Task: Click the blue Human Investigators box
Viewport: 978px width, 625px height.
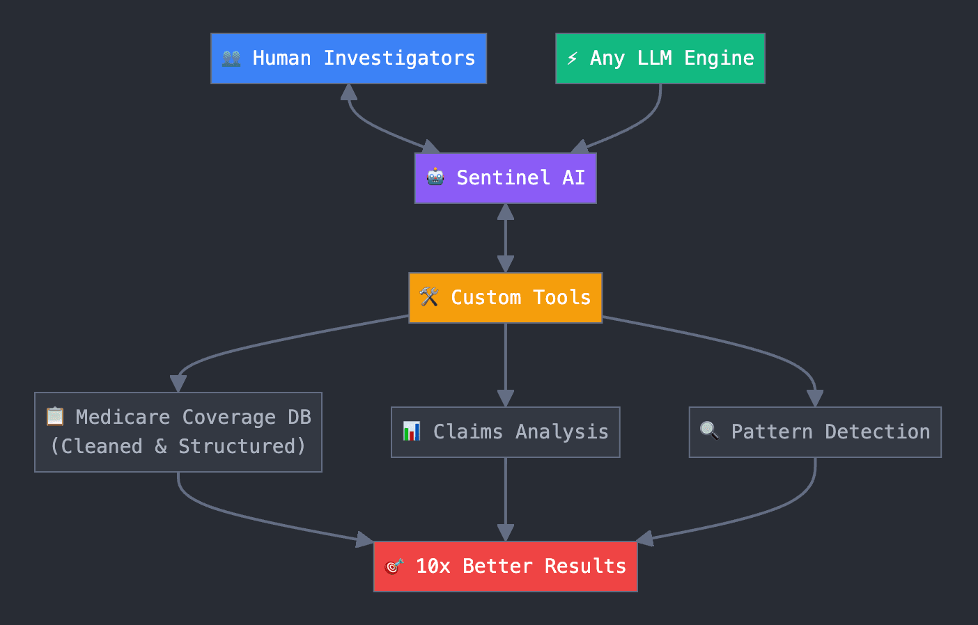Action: pos(348,58)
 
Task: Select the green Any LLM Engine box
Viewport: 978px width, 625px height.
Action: pos(660,58)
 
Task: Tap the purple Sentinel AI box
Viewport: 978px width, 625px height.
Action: pos(506,178)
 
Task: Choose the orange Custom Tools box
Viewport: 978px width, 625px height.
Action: pos(506,298)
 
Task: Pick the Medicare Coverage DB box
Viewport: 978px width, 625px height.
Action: pos(178,432)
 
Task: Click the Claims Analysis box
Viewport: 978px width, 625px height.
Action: pos(506,432)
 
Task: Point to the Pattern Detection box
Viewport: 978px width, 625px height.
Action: pos(815,432)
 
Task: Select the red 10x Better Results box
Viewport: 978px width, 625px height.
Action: pos(506,567)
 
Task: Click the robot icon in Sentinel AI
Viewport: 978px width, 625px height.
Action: pos(435,177)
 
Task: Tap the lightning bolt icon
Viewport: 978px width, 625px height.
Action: pos(572,58)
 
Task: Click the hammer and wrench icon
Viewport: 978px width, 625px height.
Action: pos(429,296)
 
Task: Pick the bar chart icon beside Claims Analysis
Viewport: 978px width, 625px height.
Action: pos(411,431)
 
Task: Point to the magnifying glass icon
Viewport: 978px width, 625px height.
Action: pos(710,431)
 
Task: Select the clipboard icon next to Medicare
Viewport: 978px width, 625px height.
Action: pos(55,416)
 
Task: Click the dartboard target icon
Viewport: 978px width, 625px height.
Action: pos(394,566)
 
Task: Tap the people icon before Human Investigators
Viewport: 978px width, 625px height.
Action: pos(231,58)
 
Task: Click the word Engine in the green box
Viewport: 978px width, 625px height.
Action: pos(719,58)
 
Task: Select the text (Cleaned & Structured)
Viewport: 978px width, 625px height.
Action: pos(178,446)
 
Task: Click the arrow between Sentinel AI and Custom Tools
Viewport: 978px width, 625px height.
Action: pos(506,238)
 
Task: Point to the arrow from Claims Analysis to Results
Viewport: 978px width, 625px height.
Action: pos(506,500)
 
